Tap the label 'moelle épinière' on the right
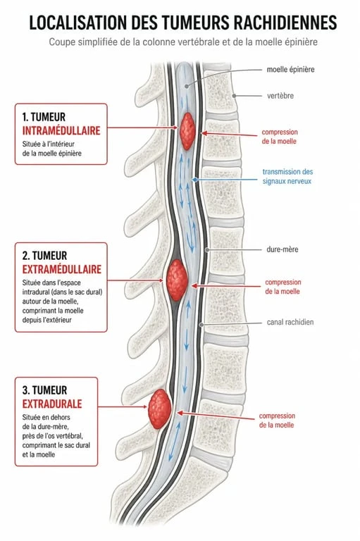coord(290,69)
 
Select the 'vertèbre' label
coord(280,96)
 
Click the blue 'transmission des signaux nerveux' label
coord(287,176)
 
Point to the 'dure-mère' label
coord(283,249)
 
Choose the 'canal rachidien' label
coord(290,322)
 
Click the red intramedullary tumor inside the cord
coord(187,131)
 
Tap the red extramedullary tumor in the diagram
coord(177,280)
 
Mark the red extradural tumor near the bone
coord(159,409)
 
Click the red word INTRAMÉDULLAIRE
coord(61,130)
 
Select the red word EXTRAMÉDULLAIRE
coord(62,269)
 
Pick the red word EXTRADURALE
coord(52,404)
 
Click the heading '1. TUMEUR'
coord(44,117)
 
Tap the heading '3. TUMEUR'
coord(44,390)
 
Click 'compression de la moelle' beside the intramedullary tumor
coord(280,137)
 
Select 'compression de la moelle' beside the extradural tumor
coord(277,421)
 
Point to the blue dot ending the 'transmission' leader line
coord(195,180)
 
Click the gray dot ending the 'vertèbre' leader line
coord(234,96)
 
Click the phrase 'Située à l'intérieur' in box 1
coord(49,144)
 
